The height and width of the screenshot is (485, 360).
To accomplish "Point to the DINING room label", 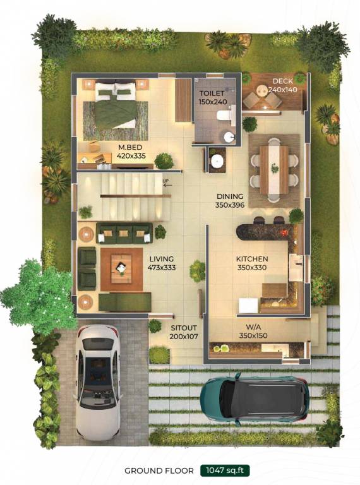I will click(x=230, y=196).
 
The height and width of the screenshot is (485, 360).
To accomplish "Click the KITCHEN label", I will click(x=252, y=259).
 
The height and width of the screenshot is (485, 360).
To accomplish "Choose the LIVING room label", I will click(x=162, y=259).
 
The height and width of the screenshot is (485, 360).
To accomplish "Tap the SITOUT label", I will click(x=183, y=328).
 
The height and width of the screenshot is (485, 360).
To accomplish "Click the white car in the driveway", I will click(x=97, y=381).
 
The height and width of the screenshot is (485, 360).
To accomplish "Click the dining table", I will click(x=274, y=169).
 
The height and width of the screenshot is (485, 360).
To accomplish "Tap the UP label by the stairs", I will click(x=165, y=183).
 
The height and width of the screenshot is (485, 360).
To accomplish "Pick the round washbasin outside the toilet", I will click(x=217, y=161).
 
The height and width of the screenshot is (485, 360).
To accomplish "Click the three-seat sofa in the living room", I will click(x=124, y=233).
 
